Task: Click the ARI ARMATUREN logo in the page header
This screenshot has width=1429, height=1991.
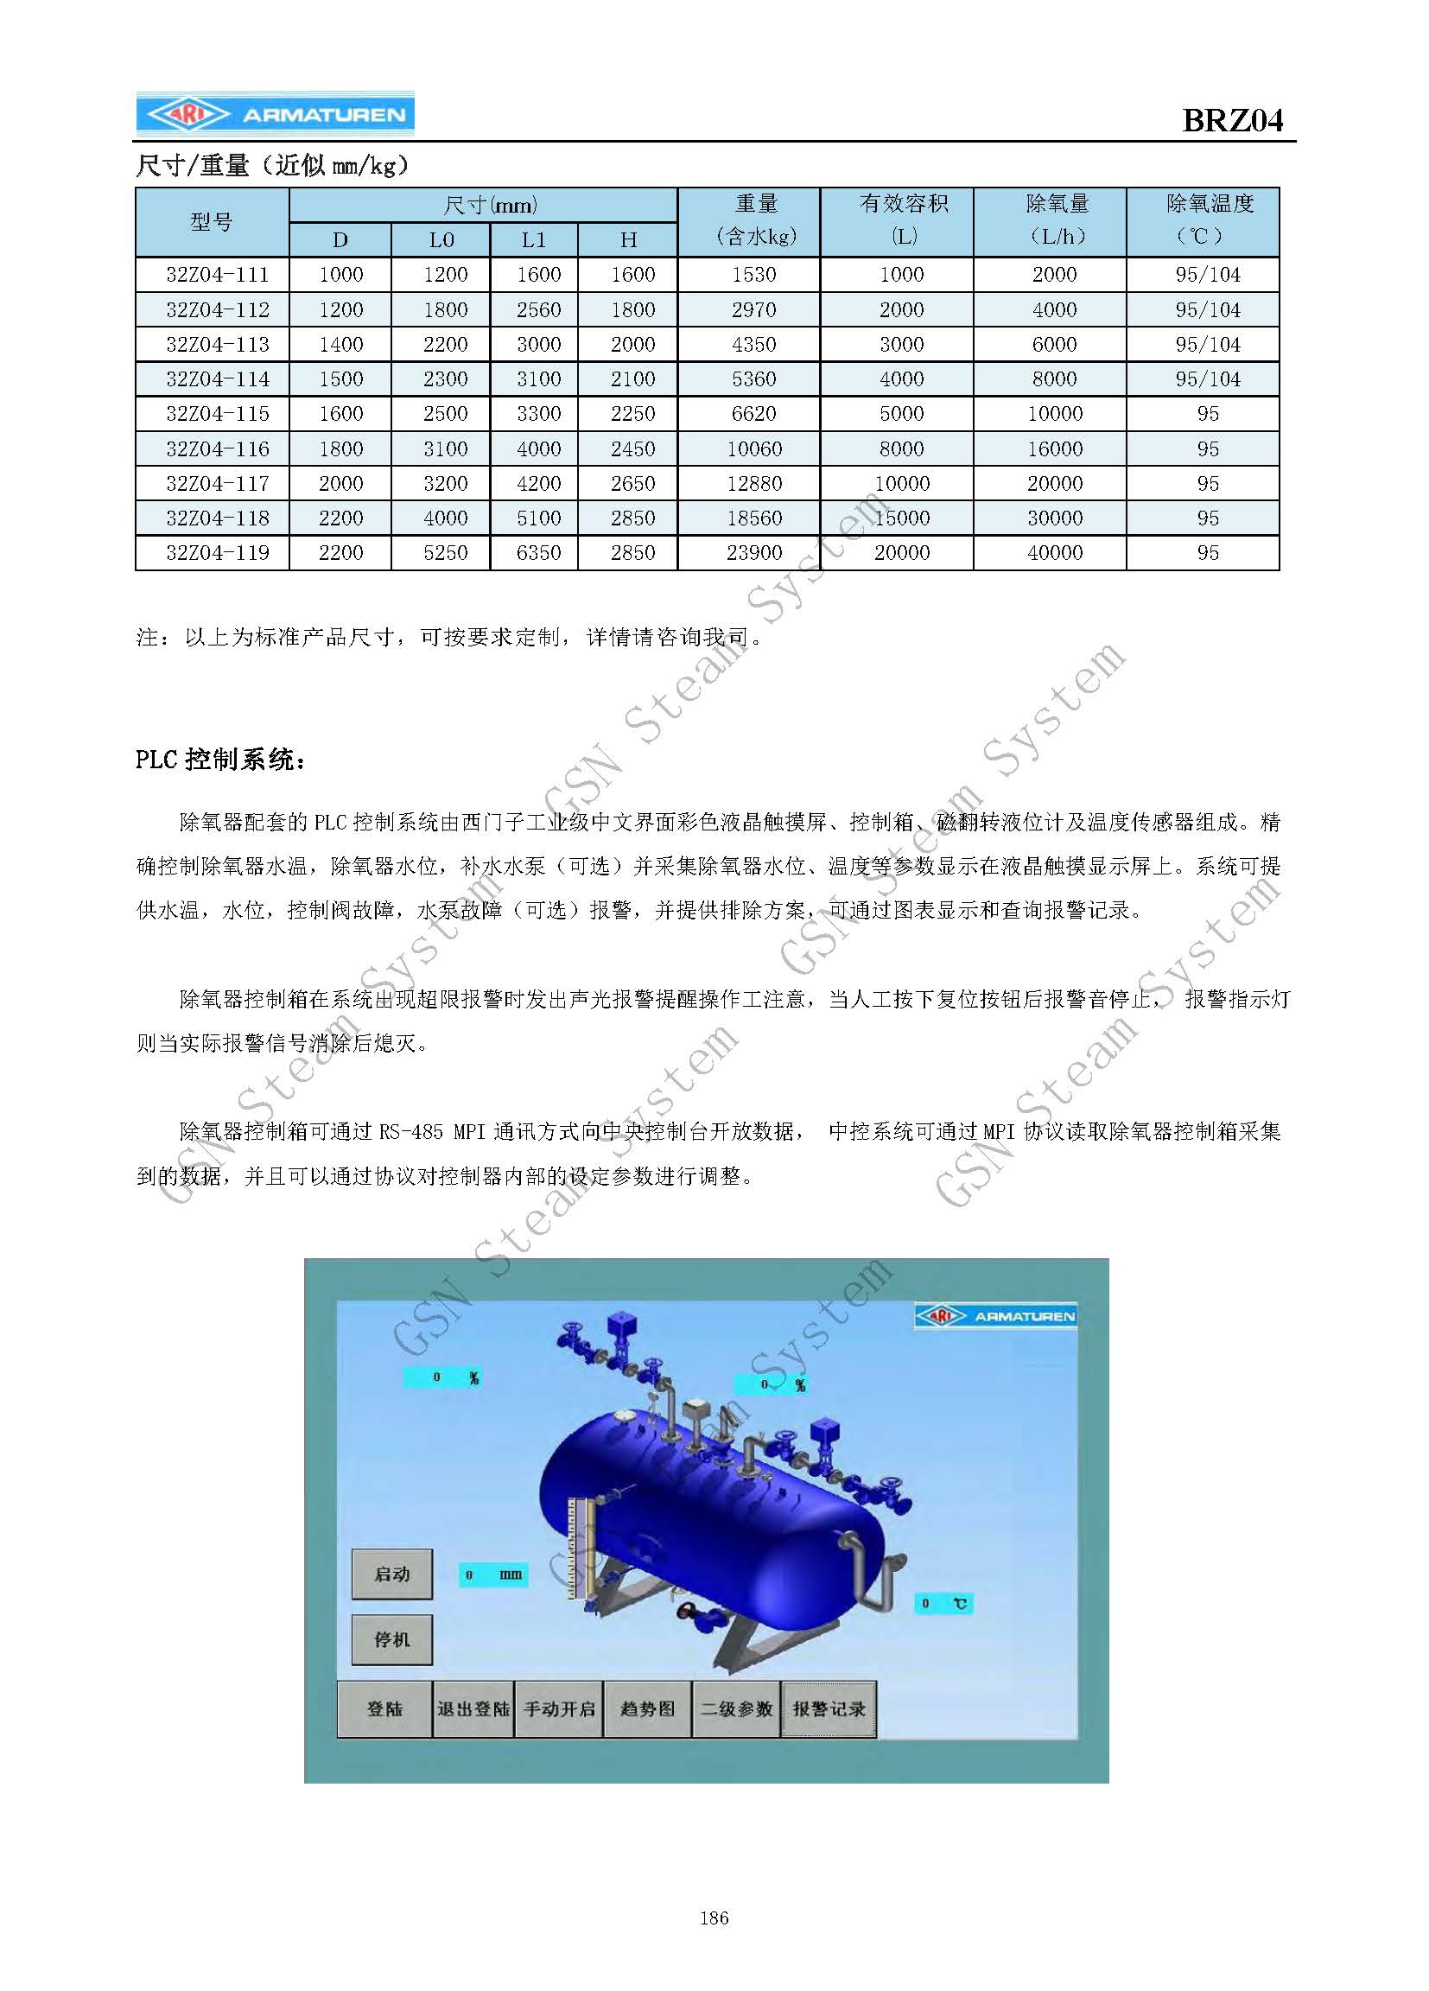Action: pos(275,114)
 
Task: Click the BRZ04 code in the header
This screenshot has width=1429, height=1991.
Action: pos(1231,120)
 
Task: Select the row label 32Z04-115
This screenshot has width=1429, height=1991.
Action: pos(217,413)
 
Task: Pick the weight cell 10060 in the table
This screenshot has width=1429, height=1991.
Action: pos(753,448)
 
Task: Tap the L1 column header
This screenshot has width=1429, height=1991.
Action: pos(533,239)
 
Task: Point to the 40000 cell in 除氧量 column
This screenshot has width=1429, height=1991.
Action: pos(1054,553)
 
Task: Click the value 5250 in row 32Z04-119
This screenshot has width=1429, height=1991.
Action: pos(445,553)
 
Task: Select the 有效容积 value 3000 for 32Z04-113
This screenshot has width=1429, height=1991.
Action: pos(901,344)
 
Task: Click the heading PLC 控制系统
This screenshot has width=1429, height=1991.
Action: pos(221,760)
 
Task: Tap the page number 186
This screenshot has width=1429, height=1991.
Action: pos(714,1942)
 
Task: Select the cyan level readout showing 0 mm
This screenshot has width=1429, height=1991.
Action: pos(493,1574)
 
